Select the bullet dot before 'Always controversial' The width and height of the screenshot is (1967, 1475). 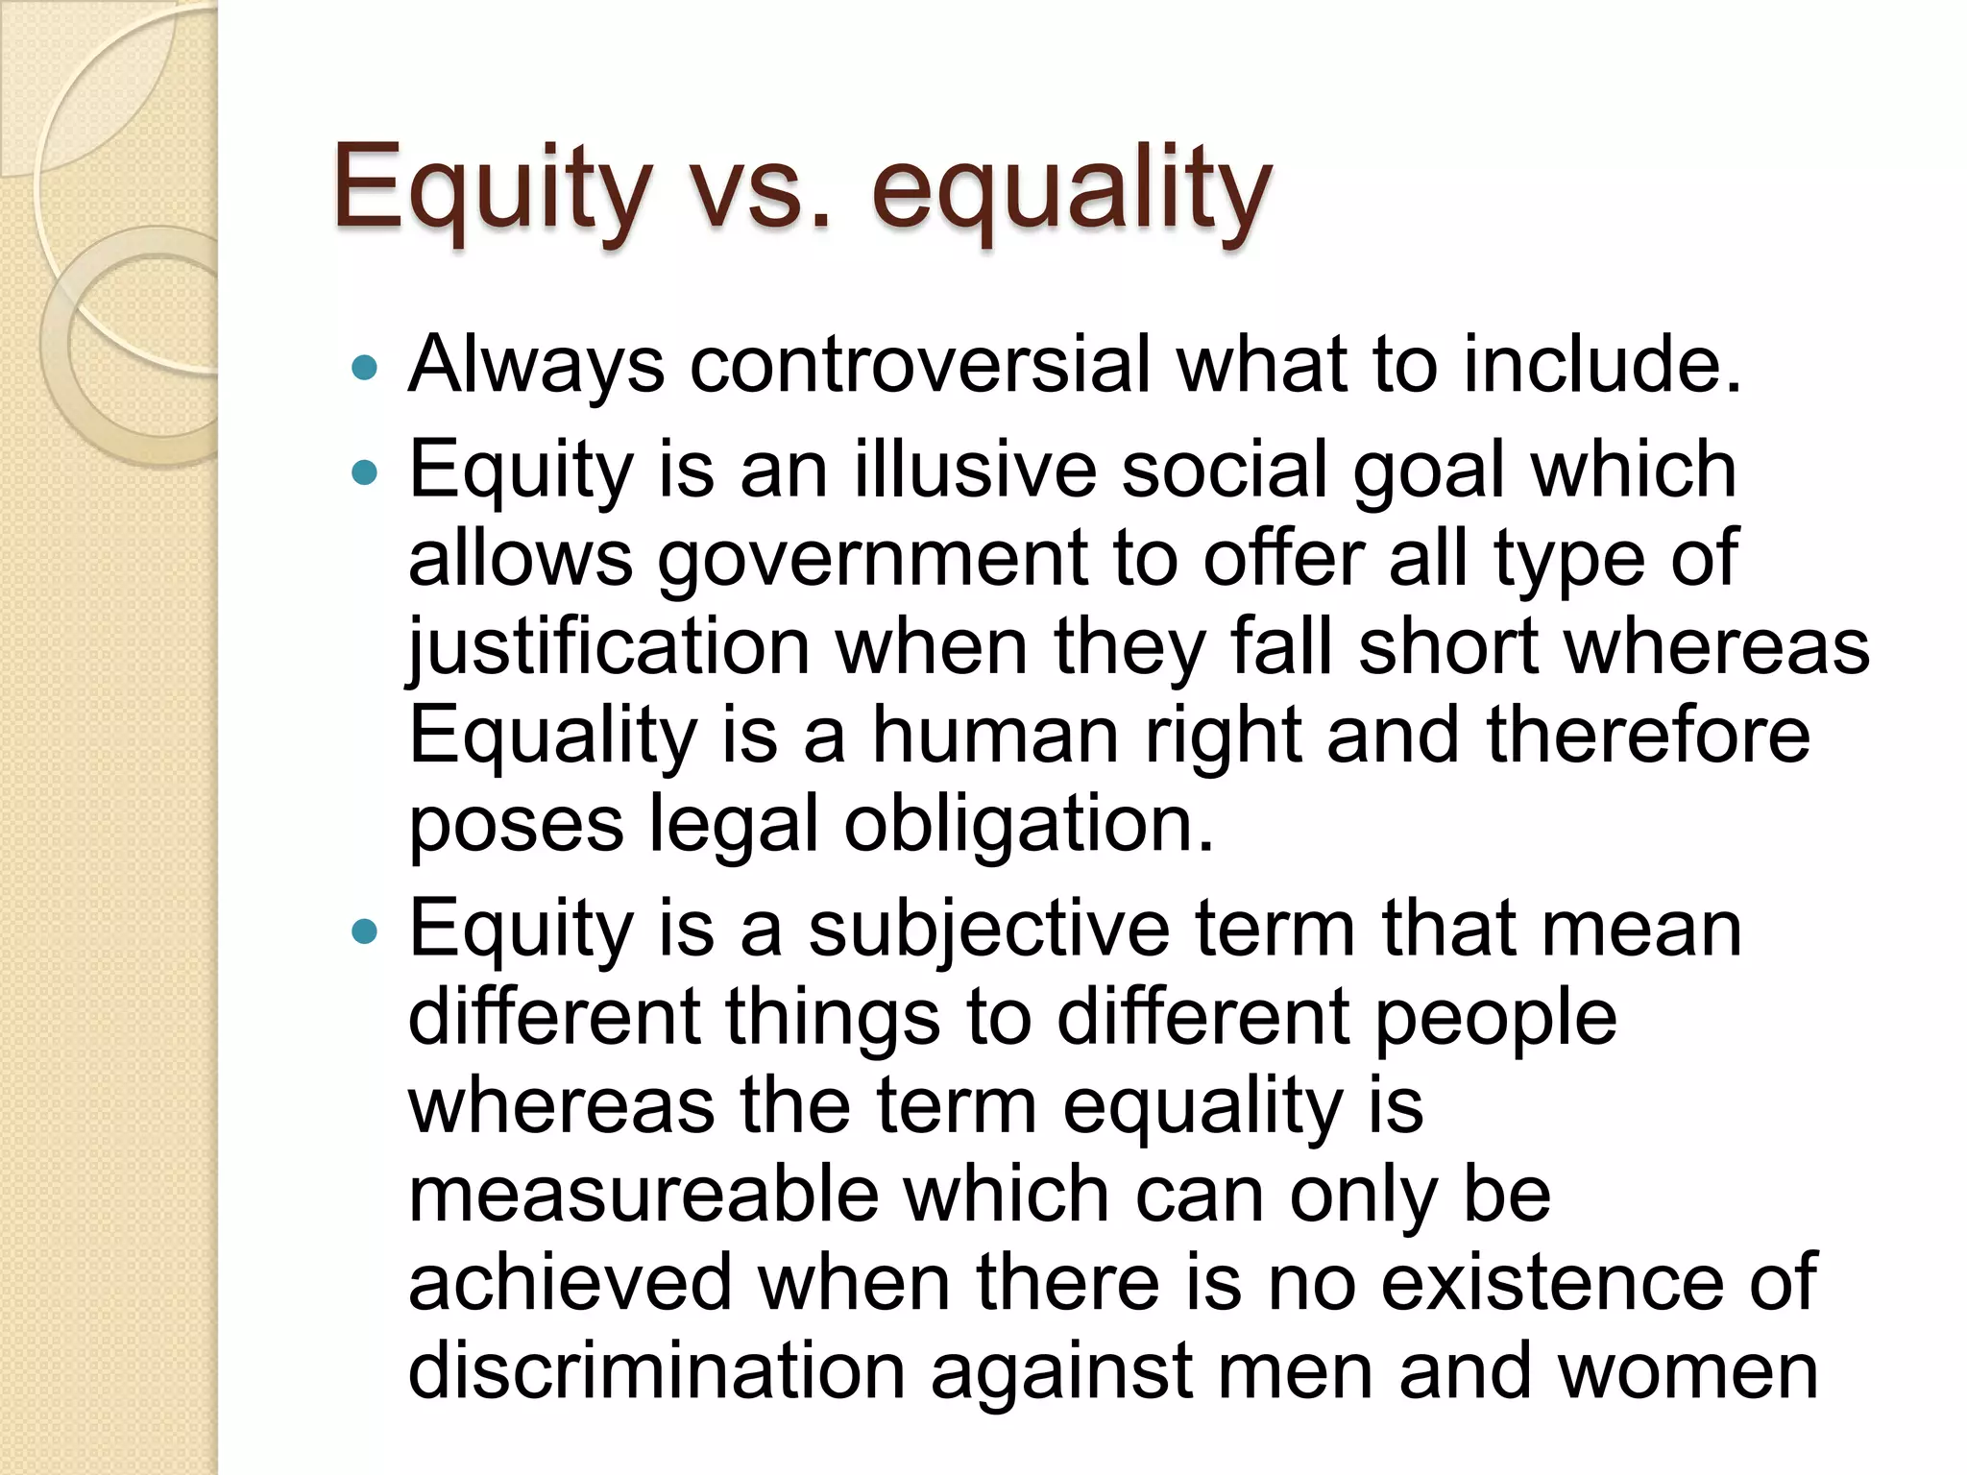365,367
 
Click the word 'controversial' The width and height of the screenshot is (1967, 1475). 919,365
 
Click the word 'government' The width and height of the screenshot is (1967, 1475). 873,560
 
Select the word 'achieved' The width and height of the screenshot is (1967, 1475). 571,1283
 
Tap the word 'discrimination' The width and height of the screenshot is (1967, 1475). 657,1371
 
